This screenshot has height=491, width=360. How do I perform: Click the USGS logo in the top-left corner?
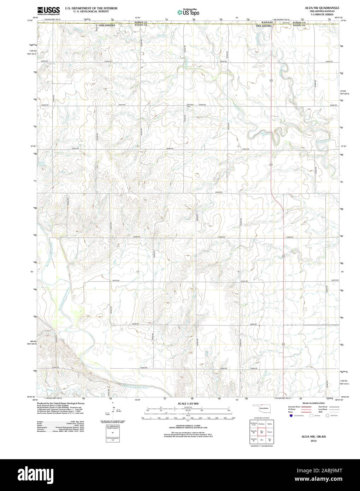click(44, 10)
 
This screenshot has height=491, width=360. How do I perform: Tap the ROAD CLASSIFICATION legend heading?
click(311, 403)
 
